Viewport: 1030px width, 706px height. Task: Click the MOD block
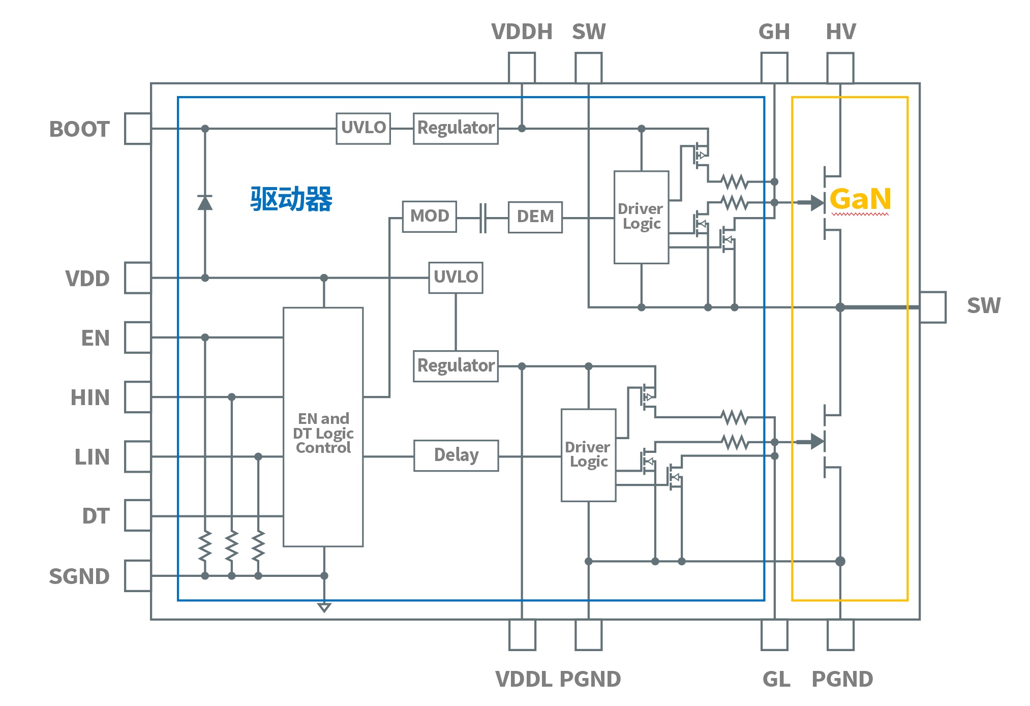coord(429,217)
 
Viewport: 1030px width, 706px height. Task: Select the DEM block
coord(535,217)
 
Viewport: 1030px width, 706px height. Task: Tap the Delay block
coord(456,455)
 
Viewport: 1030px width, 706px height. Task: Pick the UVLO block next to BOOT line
coord(363,128)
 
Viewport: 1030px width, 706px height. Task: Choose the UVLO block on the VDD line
coord(456,278)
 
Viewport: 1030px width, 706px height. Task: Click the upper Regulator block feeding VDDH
coord(456,128)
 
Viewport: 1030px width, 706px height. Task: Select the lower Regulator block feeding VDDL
coord(456,366)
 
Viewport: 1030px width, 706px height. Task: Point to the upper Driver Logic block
coord(641,217)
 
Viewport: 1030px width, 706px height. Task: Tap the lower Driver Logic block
coord(588,455)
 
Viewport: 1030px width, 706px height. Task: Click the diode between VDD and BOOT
coord(205,203)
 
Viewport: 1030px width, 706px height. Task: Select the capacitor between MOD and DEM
coord(482,218)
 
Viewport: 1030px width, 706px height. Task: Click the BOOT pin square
coord(138,129)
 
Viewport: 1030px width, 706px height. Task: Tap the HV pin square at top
coord(840,68)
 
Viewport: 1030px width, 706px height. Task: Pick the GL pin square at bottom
coord(774,635)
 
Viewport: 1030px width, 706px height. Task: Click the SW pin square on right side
coord(933,307)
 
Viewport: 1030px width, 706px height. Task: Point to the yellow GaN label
coord(860,199)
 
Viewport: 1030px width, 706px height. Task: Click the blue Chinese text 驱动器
coord(291,199)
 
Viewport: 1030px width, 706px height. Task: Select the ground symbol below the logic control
coord(324,607)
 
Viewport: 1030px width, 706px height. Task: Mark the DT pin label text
coord(96,516)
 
